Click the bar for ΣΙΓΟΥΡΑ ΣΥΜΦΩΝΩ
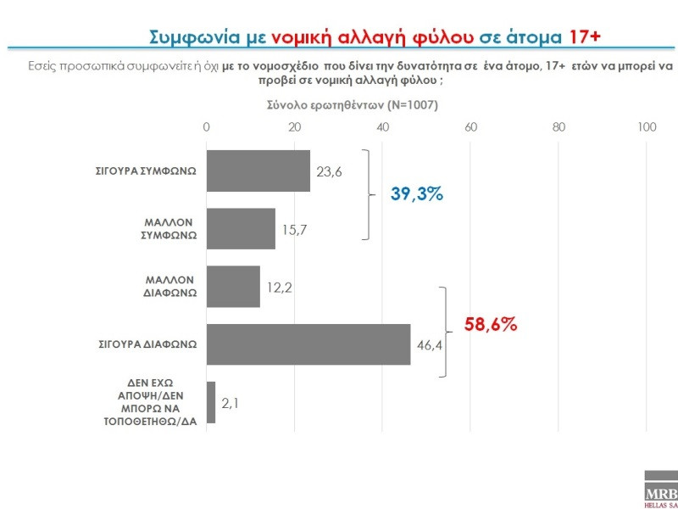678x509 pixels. click(258, 171)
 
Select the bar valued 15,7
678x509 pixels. click(242, 228)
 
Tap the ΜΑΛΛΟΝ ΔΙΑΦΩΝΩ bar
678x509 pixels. click(233, 286)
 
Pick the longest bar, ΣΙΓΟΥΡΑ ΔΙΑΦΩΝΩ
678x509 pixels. click(308, 344)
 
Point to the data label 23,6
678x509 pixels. click(329, 171)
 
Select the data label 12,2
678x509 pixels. click(279, 288)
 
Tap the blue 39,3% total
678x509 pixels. click(417, 193)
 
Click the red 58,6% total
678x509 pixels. click(491, 324)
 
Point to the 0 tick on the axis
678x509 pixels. click(207, 127)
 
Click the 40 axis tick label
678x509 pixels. click(383, 127)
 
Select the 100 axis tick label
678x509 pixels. click(647, 127)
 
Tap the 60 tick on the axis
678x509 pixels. click(471, 127)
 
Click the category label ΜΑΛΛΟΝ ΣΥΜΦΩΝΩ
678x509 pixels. click(169, 228)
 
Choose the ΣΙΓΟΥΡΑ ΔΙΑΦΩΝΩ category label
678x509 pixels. click(146, 344)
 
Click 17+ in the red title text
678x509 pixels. click(583, 36)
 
